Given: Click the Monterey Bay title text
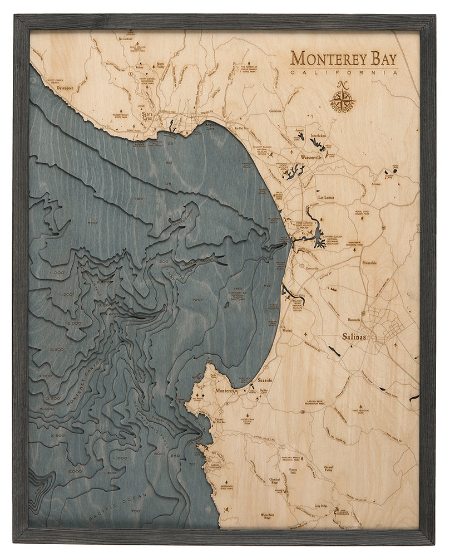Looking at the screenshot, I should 344,57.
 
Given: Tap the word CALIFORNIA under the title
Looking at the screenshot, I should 344,72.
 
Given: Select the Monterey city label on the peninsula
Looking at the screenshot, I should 226,392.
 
